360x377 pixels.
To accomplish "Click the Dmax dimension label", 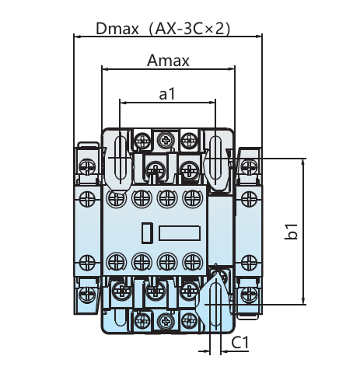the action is [117, 29].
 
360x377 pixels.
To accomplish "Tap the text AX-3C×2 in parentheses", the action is [189, 29].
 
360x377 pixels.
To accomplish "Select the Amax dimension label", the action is [168, 61].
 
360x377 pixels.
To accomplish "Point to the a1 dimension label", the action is [167, 93].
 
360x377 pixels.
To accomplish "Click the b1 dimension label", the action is [291, 231].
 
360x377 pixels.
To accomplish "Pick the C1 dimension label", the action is [239, 343].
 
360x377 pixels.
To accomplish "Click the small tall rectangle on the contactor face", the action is [147, 233].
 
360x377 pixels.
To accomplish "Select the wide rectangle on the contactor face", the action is [180, 233].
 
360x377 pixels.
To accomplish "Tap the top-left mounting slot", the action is [121, 158].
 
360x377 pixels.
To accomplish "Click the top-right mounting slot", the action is [215, 158].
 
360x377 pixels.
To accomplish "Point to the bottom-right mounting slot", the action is [215, 305].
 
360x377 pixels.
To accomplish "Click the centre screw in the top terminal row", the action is [166, 141].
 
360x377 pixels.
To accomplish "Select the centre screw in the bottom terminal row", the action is [166, 322].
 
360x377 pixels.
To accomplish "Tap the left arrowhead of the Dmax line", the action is [78, 37].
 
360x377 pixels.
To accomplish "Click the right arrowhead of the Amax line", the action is [231, 69].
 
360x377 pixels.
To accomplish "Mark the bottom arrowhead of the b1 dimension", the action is [303, 301].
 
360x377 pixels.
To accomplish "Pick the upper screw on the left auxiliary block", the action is [87, 198].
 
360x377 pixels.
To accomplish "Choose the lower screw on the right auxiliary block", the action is [249, 263].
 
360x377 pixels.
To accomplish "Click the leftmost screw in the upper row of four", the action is [117, 198].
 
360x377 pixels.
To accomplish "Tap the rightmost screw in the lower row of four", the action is [192, 262].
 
